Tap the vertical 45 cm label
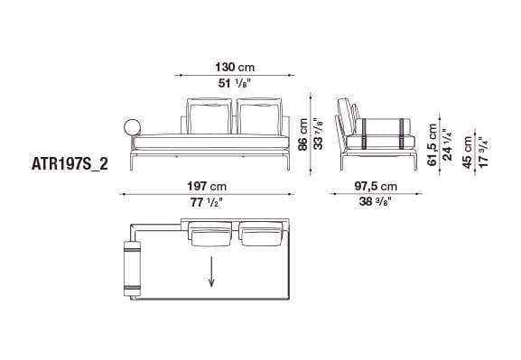(x=468, y=151)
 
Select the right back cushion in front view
(x=257, y=115)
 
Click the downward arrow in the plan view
(x=213, y=270)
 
